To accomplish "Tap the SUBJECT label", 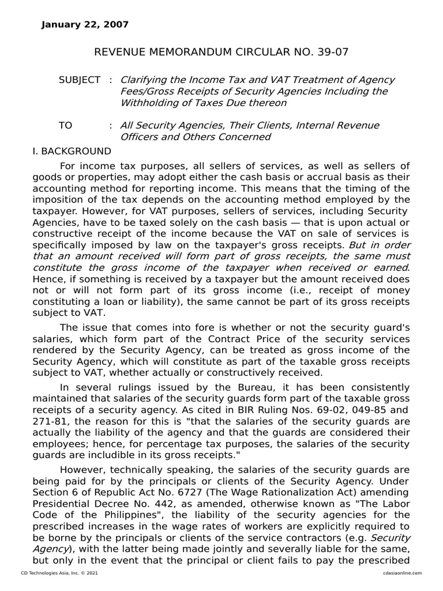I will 80,80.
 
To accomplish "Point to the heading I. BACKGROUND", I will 72,151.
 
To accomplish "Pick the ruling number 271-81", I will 47,421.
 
